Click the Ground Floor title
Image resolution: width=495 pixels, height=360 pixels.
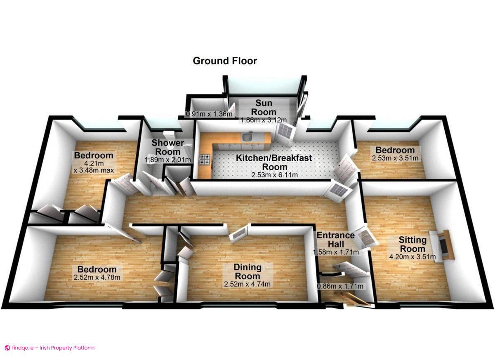point(225,61)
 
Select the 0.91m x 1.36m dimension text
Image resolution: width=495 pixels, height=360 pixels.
point(209,114)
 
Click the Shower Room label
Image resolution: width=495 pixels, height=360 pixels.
point(167,147)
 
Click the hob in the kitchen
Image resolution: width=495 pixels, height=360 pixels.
point(204,160)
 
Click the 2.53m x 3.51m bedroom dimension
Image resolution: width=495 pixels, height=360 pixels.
point(395,158)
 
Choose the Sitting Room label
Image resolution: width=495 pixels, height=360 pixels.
point(412,244)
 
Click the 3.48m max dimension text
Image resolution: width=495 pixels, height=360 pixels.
point(94,170)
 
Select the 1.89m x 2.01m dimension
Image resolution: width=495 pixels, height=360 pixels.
point(167,160)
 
